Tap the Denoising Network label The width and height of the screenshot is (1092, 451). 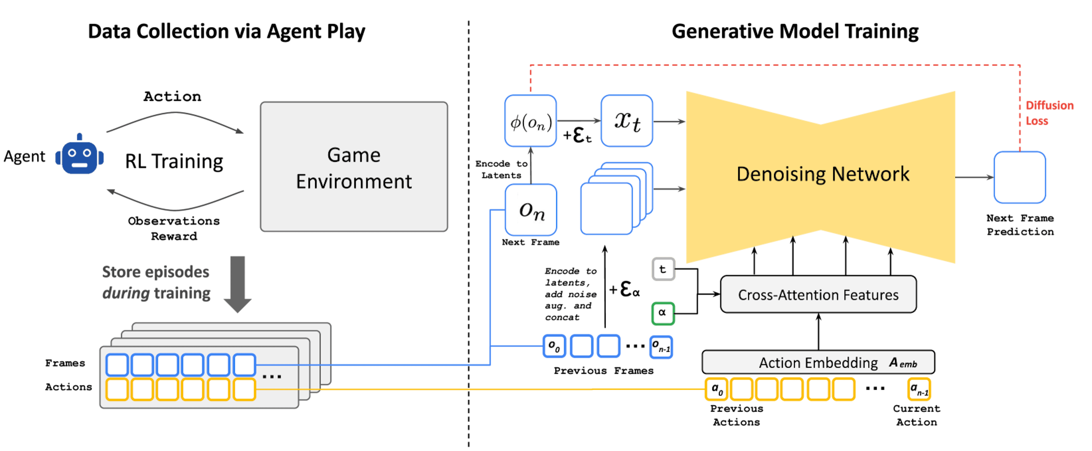822,174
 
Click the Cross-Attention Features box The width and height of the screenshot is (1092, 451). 818,295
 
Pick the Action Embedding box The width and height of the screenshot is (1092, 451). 818,362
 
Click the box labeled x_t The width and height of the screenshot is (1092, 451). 626,121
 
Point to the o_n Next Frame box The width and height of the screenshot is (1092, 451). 530,210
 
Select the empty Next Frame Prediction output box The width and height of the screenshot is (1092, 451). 1019,177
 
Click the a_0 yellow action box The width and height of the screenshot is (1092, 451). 716,389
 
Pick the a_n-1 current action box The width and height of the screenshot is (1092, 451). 919,389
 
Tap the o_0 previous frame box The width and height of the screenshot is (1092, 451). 554,346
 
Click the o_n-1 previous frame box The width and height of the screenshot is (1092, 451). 660,346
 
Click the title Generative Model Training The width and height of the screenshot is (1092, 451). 795,32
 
